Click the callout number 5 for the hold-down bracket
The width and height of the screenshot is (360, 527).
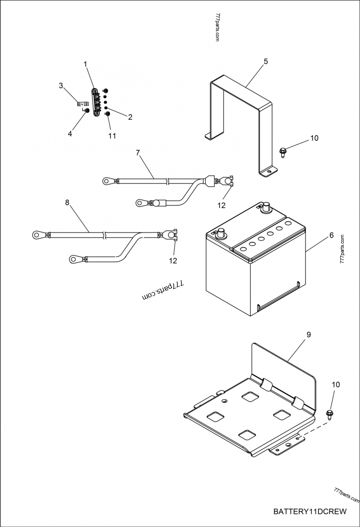tap(265, 61)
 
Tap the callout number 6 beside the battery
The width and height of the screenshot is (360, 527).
tap(331, 235)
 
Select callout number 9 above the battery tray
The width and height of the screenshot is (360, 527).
tap(308, 335)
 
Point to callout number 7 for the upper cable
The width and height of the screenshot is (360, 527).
tap(138, 152)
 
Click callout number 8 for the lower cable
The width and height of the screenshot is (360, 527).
tap(67, 202)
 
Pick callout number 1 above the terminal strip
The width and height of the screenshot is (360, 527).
tap(85, 64)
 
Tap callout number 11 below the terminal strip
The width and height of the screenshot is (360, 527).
tap(112, 135)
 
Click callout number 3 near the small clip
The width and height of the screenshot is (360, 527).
tap(61, 85)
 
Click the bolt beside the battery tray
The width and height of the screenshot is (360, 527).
tap(329, 413)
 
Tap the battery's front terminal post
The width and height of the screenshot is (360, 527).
tap(221, 234)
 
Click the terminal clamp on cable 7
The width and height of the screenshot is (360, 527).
tap(225, 182)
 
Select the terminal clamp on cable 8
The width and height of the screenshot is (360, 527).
tap(170, 234)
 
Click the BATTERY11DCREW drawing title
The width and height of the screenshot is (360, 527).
tap(310, 511)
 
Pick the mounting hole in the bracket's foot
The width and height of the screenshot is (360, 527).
tap(270, 171)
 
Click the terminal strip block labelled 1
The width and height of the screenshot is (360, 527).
tap(97, 103)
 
